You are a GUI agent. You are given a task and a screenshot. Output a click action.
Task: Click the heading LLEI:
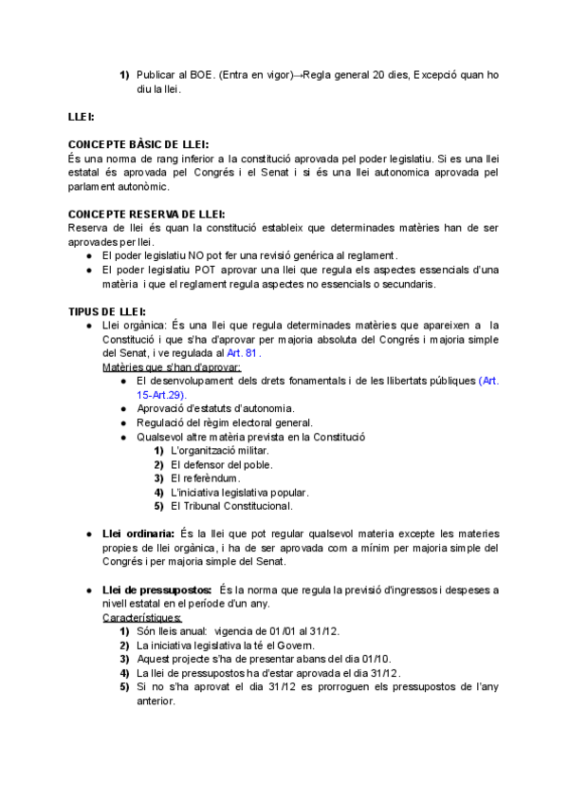81,117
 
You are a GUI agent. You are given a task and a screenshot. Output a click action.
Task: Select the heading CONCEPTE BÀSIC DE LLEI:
138,143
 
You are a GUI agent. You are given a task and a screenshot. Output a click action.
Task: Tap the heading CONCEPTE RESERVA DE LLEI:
147,215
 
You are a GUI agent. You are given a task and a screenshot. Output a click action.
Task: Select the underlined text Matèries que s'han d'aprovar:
172,366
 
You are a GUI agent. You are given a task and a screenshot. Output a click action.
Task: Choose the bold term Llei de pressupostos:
157,590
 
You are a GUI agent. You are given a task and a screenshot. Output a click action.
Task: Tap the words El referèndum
206,478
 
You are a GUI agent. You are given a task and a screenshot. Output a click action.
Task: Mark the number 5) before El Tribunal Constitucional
159,506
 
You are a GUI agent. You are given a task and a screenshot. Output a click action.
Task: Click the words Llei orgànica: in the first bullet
128,326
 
